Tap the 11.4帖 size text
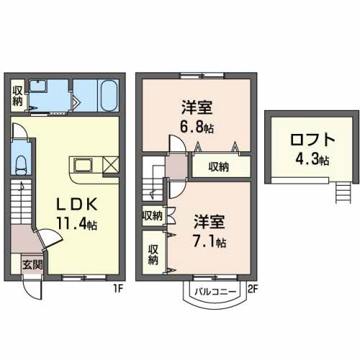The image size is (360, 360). [x=77, y=224]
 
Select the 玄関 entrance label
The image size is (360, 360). [x=32, y=265]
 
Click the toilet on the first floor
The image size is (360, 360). [x=22, y=163]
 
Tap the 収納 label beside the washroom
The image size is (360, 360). [x=17, y=96]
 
